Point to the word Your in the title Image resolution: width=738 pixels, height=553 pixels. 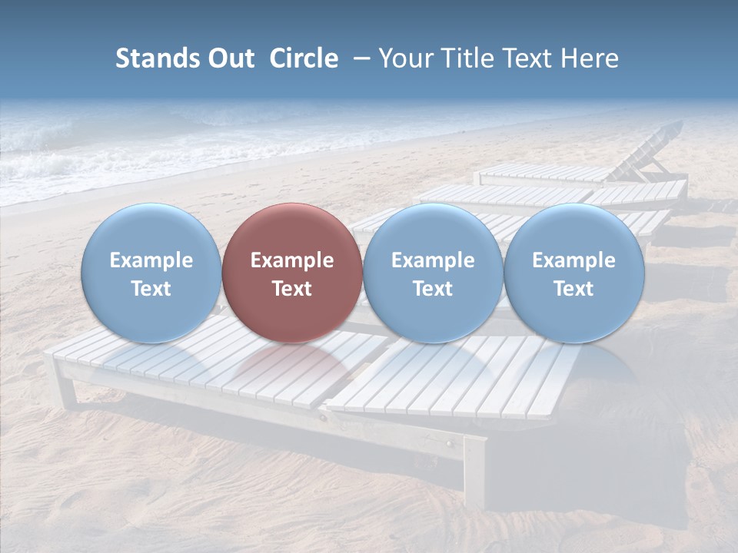[x=404, y=58]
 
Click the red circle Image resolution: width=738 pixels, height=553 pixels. [x=291, y=273]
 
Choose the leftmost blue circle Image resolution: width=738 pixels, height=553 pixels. [x=151, y=273]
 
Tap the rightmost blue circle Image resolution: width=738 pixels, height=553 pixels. [x=573, y=273]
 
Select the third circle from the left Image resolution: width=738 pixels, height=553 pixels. [x=433, y=273]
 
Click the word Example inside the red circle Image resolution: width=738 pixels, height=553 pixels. [x=291, y=260]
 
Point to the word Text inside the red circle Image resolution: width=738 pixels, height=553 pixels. [x=291, y=289]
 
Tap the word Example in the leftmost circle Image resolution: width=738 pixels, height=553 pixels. [x=151, y=260]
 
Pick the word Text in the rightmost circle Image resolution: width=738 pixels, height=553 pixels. [x=573, y=289]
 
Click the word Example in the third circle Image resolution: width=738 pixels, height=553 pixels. [x=433, y=260]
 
